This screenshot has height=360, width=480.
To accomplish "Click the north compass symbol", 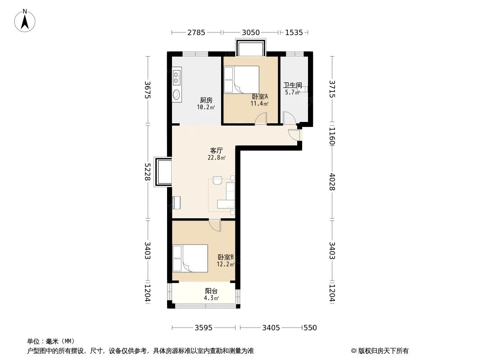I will [25, 20].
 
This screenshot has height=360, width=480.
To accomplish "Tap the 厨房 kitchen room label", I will [206, 100].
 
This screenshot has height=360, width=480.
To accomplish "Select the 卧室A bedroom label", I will [260, 96].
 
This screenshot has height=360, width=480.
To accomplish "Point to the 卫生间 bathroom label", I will [292, 85].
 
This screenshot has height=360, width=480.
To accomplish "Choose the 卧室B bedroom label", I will [226, 257].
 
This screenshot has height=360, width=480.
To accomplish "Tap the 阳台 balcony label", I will [211, 291].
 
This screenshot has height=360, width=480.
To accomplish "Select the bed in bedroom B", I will [190, 258].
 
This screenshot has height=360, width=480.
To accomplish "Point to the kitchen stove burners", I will [177, 77].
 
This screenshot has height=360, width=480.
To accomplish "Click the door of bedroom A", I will [260, 119].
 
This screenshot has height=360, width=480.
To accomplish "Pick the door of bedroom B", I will [215, 224].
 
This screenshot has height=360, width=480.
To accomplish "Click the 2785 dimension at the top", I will [196, 32].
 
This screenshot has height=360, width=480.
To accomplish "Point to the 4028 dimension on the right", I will [332, 181].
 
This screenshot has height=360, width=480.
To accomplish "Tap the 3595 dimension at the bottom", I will [204, 328].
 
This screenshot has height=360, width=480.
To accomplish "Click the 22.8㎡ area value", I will [217, 157].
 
